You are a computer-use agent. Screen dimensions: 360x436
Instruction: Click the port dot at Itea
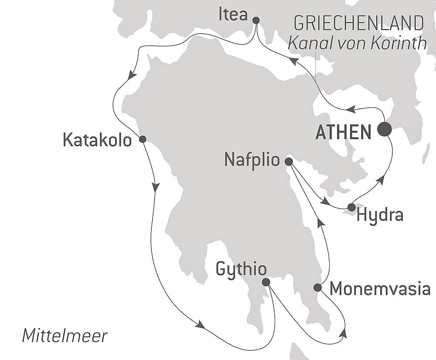pyautogui.click(x=256, y=20)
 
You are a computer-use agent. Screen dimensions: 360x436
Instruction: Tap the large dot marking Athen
pyautogui.click(x=384, y=129)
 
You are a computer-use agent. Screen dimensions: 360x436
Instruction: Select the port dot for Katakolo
pyautogui.click(x=142, y=139)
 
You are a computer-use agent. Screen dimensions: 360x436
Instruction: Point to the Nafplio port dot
pyautogui.click(x=289, y=161)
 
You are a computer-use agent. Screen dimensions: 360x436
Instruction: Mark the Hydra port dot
pyautogui.click(x=351, y=207)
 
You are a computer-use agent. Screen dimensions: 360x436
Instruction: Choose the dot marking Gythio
pyautogui.click(x=266, y=282)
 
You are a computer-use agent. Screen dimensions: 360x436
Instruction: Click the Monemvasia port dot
pyautogui.click(x=318, y=287)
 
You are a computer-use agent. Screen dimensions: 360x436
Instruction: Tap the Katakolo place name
pyautogui.click(x=97, y=140)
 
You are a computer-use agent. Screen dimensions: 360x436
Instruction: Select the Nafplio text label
pyautogui.click(x=252, y=160)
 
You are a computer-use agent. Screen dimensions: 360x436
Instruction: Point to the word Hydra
pyautogui.click(x=380, y=216)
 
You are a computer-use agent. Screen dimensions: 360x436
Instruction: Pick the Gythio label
pyautogui.click(x=241, y=270)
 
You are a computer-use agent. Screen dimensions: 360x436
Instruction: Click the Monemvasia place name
pyautogui.click(x=380, y=288)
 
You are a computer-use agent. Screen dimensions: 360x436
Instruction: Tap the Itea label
pyautogui.click(x=233, y=15)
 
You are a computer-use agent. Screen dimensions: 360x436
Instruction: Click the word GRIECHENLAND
pyautogui.click(x=358, y=23)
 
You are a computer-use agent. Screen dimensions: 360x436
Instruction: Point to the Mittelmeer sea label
pyautogui.click(x=65, y=336)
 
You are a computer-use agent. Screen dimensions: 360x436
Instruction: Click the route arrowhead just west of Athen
pyautogui.click(x=352, y=109)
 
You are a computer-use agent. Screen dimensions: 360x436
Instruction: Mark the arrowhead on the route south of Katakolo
pyautogui.click(x=155, y=186)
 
